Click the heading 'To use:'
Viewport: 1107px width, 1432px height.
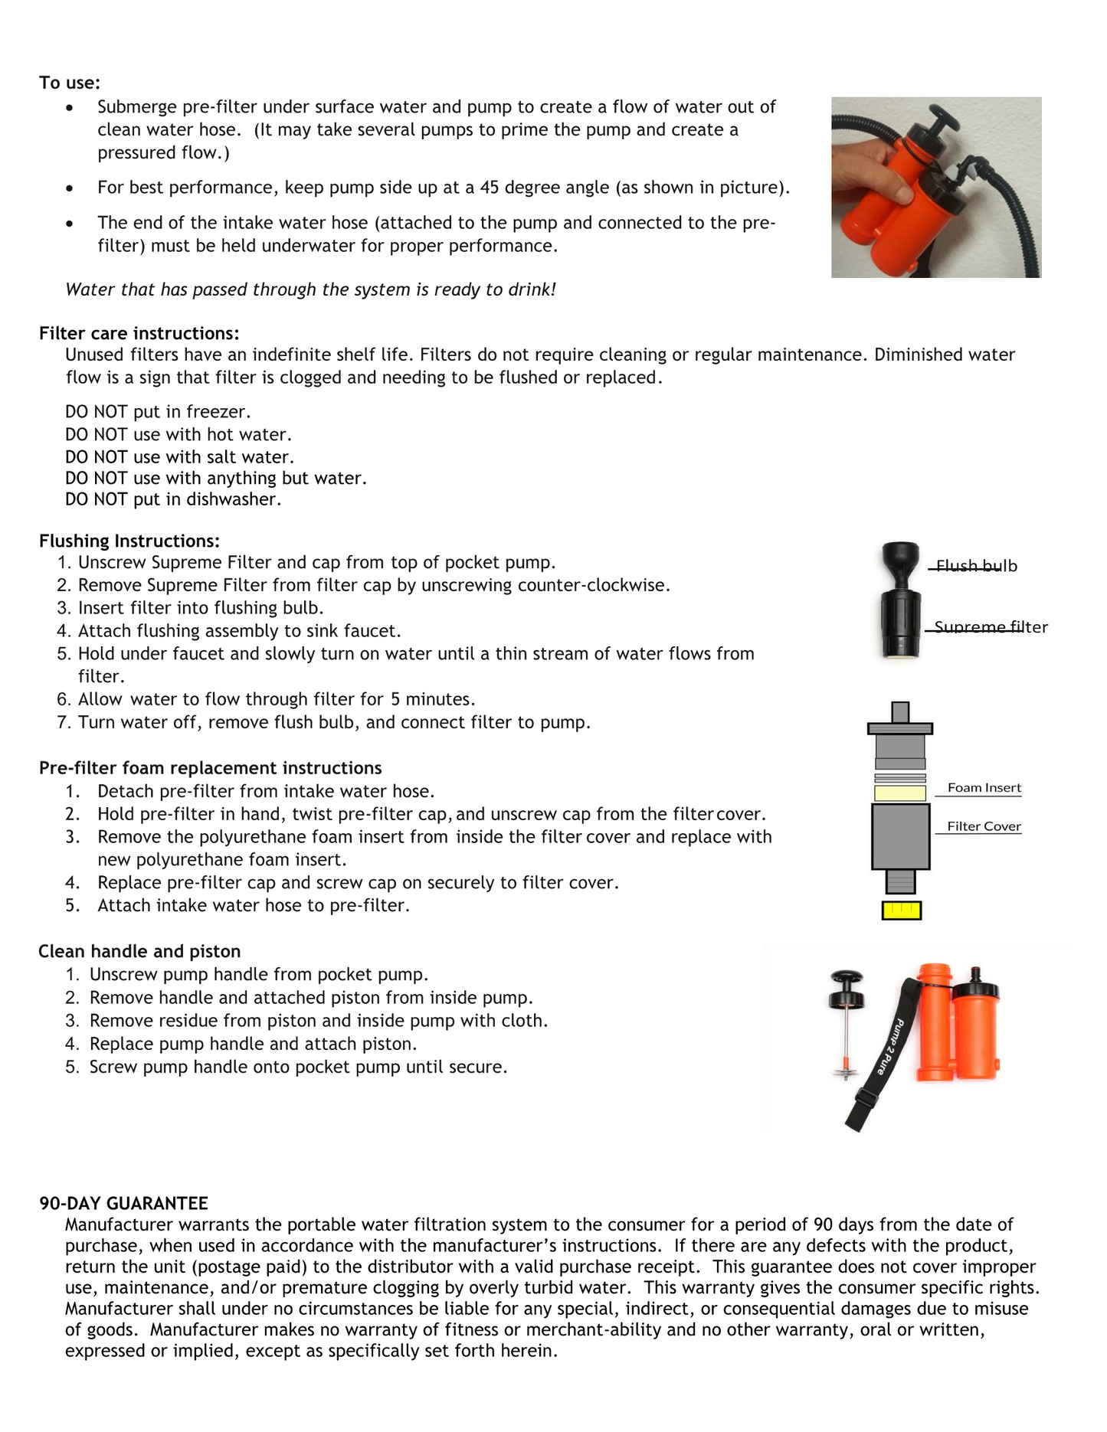[70, 83]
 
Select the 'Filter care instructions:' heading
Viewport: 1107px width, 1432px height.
[139, 333]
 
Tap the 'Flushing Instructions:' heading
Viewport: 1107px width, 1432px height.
[129, 541]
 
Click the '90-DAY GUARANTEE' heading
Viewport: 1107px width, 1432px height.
[123, 1203]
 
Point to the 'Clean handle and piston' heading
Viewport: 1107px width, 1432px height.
[139, 951]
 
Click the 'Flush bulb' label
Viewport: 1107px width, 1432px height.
[976, 566]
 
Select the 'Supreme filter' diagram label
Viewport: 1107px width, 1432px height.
[991, 627]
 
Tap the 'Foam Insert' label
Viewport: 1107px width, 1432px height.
[984, 788]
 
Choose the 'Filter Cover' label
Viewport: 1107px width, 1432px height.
[984, 826]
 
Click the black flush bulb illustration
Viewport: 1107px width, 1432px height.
[900, 563]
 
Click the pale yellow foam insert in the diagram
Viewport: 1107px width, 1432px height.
[900, 793]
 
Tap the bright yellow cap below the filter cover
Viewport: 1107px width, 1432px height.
[901, 910]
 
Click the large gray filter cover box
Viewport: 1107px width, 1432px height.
[900, 835]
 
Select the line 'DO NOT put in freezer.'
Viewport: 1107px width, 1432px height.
[158, 412]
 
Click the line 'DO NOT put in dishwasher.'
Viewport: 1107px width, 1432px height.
[173, 499]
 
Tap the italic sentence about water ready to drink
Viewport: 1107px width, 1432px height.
[310, 289]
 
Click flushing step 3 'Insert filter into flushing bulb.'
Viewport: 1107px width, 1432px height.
[201, 608]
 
